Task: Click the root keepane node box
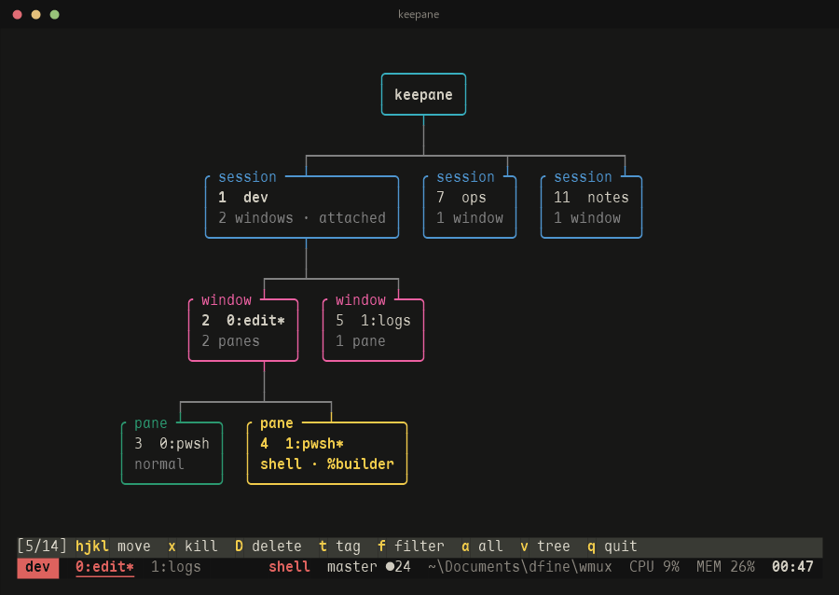pyautogui.click(x=423, y=94)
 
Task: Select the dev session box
pyautogui.click(x=302, y=206)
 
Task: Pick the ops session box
pyautogui.click(x=469, y=206)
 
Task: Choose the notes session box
pyautogui.click(x=591, y=206)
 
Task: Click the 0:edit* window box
pyautogui.click(x=243, y=329)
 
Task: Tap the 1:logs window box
pyautogui.click(x=374, y=329)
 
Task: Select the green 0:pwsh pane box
pyautogui.click(x=172, y=452)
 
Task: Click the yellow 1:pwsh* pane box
pyautogui.click(x=327, y=452)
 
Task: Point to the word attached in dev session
pyautogui.click(x=352, y=218)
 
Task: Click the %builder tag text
pyautogui.click(x=360, y=464)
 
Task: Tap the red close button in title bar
pyautogui.click(x=17, y=14)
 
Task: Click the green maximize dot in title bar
pyautogui.click(x=55, y=14)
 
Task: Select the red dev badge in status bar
pyautogui.click(x=37, y=567)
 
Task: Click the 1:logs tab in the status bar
pyautogui.click(x=175, y=567)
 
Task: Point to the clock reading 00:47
pyautogui.click(x=792, y=567)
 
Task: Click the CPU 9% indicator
pyautogui.click(x=653, y=567)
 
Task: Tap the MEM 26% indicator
pyautogui.click(x=725, y=567)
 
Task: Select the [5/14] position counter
pyautogui.click(x=42, y=546)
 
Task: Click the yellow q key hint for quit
pyautogui.click(x=591, y=547)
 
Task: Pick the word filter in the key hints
pyautogui.click(x=419, y=546)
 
